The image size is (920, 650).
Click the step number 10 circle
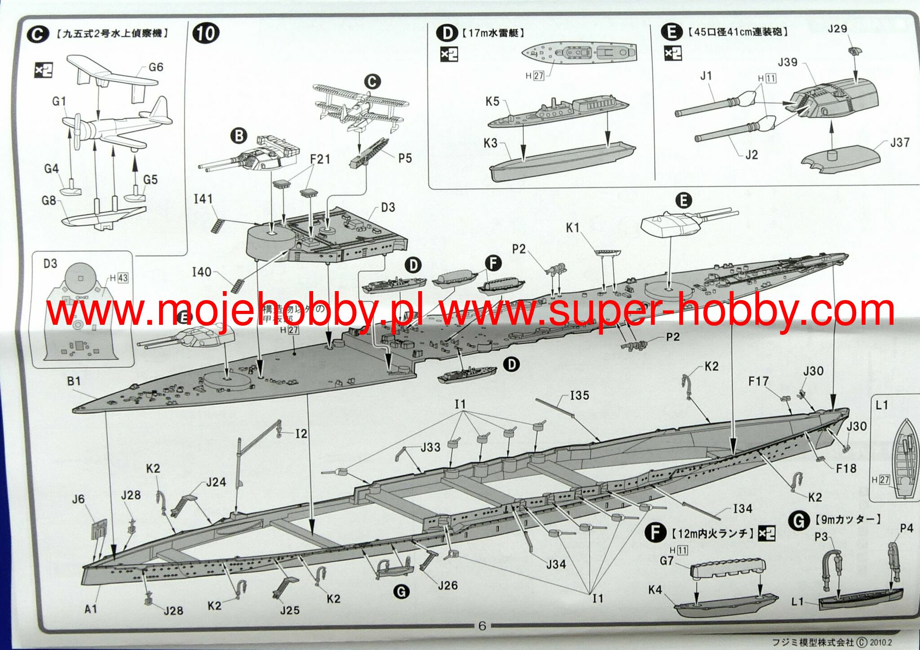(206, 34)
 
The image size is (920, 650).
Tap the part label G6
(155, 67)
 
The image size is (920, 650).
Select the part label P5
(405, 158)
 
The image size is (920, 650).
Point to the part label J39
(787, 62)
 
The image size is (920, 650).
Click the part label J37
(900, 143)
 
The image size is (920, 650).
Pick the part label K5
(492, 102)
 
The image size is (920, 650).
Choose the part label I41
(203, 199)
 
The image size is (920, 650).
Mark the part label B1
(74, 381)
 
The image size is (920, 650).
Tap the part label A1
(91, 609)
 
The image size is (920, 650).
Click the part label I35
(579, 396)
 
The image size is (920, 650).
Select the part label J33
(430, 447)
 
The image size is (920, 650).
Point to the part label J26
(447, 585)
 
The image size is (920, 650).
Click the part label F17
(758, 381)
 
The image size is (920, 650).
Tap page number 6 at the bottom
(482, 626)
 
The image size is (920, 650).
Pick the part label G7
(667, 561)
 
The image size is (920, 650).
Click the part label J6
(78, 499)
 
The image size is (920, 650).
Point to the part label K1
(573, 228)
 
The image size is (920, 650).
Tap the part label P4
(907, 528)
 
